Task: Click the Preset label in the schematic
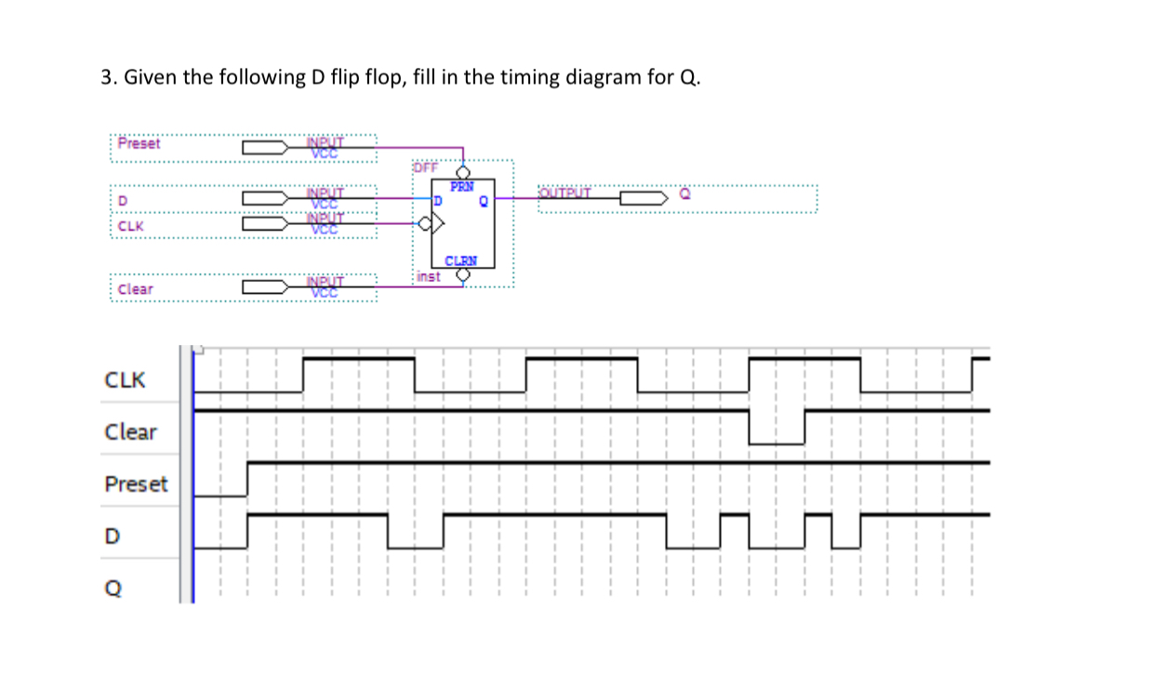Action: pyautogui.click(x=139, y=144)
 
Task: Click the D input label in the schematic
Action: pyautogui.click(x=122, y=201)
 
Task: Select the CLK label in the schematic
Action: pyautogui.click(x=130, y=225)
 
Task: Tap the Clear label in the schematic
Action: pyautogui.click(x=136, y=289)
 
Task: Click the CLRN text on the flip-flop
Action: pyautogui.click(x=461, y=261)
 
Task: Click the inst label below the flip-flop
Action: pyautogui.click(x=428, y=276)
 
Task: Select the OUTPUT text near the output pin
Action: pyautogui.click(x=564, y=192)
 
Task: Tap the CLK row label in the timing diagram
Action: pyautogui.click(x=125, y=380)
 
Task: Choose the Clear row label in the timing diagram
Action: pyautogui.click(x=130, y=432)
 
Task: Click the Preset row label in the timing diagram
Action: pyautogui.click(x=136, y=484)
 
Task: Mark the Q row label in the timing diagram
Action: pyautogui.click(x=112, y=588)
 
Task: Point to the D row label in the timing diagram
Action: pyautogui.click(x=112, y=537)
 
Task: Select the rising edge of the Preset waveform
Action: pyautogui.click(x=247, y=479)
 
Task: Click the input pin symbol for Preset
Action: pyautogui.click(x=265, y=147)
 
